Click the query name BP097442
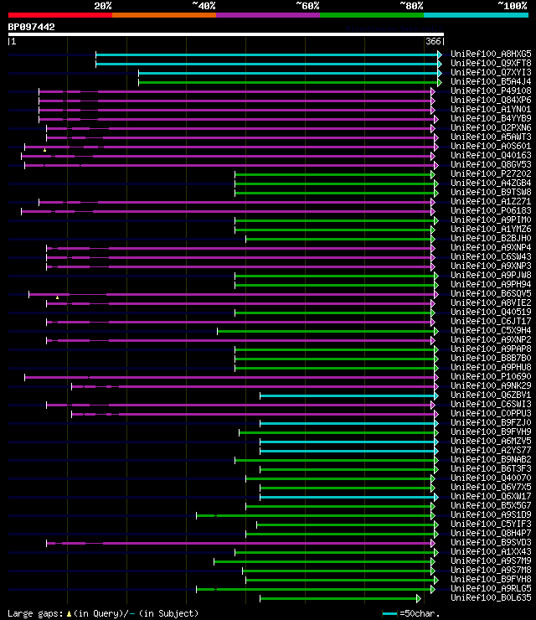point(32,27)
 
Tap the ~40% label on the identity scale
point(204,5)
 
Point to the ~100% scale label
point(512,5)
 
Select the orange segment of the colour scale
point(163,14)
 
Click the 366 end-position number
point(433,41)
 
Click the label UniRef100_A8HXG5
point(491,54)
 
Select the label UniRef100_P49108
point(491,90)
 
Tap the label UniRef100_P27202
point(491,173)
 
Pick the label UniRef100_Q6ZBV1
point(491,395)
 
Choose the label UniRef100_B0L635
point(491,597)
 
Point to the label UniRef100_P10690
point(491,376)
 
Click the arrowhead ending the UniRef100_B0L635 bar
point(419,598)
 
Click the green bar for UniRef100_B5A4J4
point(285,81)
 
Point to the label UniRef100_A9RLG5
point(491,588)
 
